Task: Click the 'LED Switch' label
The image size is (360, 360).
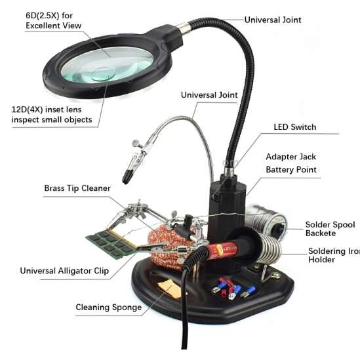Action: (295, 127)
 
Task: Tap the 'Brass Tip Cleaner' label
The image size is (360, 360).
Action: (77, 188)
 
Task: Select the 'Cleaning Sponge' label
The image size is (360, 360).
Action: (109, 307)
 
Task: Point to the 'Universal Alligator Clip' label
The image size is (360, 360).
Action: (64, 271)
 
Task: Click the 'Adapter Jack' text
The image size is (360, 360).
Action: (291, 157)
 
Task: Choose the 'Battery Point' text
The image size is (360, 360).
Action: (291, 170)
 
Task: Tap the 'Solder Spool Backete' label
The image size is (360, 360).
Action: (330, 229)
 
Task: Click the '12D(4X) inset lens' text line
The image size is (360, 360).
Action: (47, 110)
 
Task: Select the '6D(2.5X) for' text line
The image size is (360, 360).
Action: (49, 16)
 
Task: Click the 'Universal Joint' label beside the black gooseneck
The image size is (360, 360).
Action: (273, 20)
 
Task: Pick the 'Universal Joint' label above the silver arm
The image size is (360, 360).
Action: (209, 95)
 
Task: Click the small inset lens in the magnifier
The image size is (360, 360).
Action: (104, 74)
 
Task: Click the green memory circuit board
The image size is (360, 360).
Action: (110, 244)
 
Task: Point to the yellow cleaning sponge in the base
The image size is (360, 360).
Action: (169, 289)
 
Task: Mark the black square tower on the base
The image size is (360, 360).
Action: (227, 207)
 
